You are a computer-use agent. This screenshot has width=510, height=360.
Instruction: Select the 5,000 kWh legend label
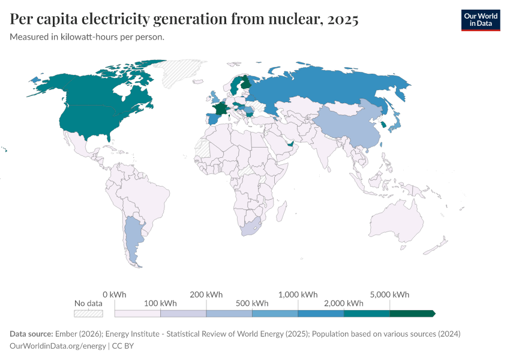390,295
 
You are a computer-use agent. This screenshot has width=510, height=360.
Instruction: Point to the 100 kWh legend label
160,303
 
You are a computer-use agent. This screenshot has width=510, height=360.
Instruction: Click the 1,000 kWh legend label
298,295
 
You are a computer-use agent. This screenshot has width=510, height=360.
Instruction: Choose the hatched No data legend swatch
88,313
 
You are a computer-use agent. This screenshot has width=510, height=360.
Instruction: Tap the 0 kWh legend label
115,295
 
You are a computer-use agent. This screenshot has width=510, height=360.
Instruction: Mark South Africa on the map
250,227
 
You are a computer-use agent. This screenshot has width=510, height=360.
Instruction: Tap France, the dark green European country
220,109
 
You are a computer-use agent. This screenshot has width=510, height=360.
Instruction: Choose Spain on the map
211,118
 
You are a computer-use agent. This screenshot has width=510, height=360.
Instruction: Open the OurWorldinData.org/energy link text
57,346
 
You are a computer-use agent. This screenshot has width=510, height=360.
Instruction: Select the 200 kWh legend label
206,295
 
